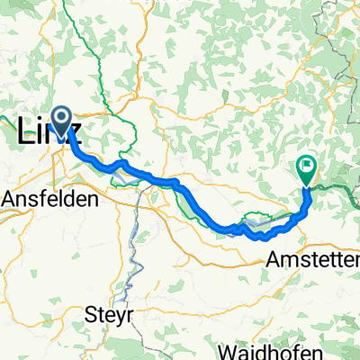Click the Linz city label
click(49, 132)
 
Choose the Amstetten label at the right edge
click(314, 259)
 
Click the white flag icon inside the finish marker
click(307, 166)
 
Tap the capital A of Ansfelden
click(11, 200)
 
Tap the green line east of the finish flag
click(337, 188)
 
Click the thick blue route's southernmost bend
click(262, 238)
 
